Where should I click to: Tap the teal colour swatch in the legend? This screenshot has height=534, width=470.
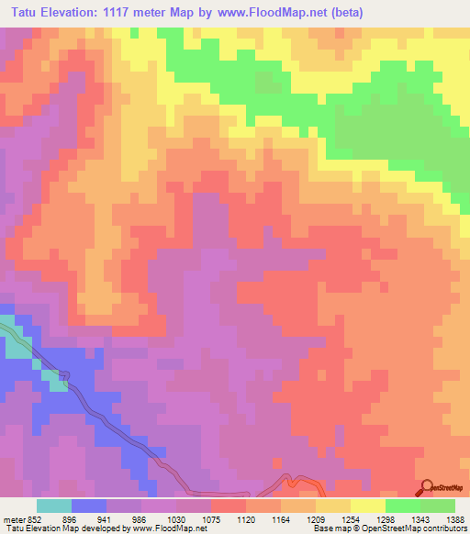pyautogui.click(x=54, y=505)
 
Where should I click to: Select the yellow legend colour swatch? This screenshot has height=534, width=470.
pyautogui.click(x=368, y=505)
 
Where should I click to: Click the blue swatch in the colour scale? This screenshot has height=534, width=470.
pyautogui.click(x=89, y=505)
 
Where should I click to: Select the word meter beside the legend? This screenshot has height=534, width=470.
pyautogui.click(x=15, y=517)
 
